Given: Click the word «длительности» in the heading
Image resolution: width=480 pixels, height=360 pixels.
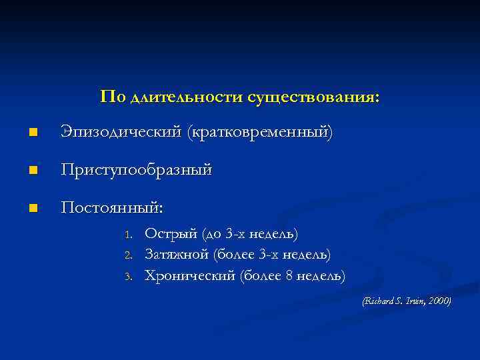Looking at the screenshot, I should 186,97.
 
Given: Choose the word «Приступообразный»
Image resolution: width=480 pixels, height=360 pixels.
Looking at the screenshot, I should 137,171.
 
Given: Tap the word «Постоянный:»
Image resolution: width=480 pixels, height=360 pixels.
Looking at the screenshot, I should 111,208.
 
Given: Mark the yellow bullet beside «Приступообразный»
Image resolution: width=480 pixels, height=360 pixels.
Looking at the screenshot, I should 34,171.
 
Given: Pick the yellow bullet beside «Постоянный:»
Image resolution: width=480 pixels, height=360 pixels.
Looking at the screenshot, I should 34,209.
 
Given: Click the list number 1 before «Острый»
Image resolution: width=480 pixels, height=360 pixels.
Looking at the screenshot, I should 130,235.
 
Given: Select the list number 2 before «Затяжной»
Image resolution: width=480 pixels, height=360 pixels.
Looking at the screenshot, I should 130,255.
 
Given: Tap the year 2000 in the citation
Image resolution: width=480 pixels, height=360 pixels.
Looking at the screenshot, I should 439,301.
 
